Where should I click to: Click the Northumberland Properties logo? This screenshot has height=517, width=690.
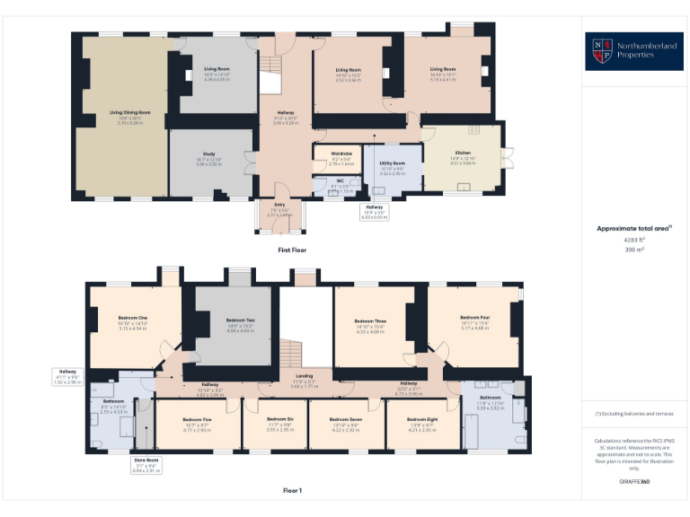pos(633,51)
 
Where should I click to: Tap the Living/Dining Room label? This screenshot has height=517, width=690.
pos(129,113)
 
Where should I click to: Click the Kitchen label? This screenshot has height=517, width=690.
pos(462,153)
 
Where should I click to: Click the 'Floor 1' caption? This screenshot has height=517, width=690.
pos(292,490)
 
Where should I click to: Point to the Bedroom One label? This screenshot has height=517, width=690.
pos(133,318)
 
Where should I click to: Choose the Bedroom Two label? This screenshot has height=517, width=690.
pos(240,320)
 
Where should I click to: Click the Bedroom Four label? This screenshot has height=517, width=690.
pos(474,318)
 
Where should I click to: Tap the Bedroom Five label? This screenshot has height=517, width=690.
pos(197,420)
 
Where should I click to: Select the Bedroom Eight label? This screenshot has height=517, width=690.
pos(420,420)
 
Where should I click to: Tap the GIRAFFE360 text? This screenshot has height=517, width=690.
pos(633,482)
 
